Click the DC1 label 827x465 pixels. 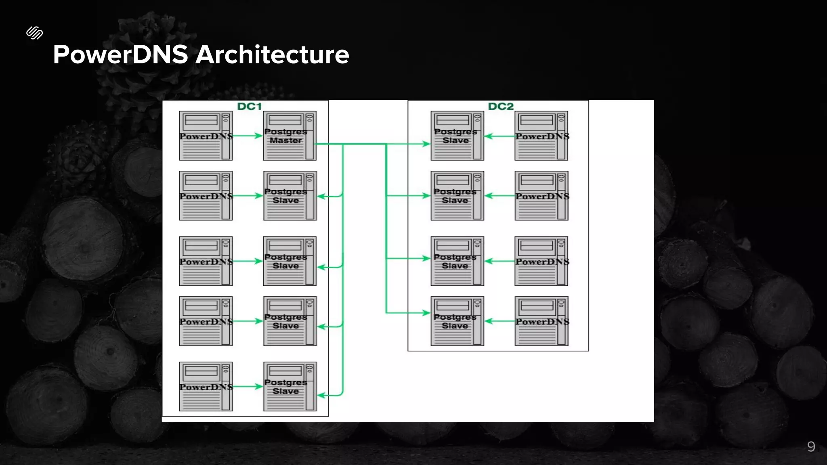249,106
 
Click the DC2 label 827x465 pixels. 501,106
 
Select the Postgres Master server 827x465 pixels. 289,136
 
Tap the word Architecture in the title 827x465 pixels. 272,54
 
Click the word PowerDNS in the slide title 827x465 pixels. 120,54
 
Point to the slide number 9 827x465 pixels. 811,446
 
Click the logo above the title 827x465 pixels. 35,33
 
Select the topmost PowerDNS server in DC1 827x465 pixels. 206,136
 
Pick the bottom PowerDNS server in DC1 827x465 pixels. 206,386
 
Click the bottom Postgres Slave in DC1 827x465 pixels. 289,386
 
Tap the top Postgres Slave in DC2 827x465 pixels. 457,136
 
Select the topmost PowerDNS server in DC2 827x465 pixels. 541,136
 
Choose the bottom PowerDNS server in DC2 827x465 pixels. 541,321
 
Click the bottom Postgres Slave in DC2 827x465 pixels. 457,321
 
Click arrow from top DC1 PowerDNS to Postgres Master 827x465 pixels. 248,136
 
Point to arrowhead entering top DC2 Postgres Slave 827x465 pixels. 426,144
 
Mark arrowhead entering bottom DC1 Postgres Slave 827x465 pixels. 321,395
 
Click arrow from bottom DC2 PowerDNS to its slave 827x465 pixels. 500,321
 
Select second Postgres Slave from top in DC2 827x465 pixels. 457,196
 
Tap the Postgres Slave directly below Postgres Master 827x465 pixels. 289,196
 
